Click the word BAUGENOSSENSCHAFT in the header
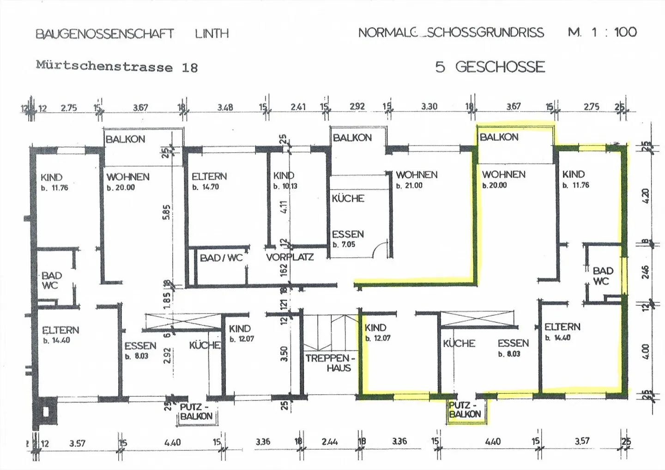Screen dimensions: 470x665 (x=105, y=34)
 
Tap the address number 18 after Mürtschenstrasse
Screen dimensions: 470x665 (x=190, y=68)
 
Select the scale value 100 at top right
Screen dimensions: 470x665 (x=625, y=32)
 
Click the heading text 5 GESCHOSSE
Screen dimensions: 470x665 (x=490, y=67)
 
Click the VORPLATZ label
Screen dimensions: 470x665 (x=290, y=257)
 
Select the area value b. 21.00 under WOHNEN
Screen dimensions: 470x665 (x=409, y=186)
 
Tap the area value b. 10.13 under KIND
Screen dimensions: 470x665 (x=285, y=186)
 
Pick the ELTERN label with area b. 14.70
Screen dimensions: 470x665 (x=209, y=176)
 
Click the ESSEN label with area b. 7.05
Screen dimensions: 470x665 (x=348, y=234)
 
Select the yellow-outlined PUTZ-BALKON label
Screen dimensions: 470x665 (x=465, y=410)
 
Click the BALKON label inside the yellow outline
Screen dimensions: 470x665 (x=499, y=137)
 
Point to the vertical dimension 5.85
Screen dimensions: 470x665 (x=167, y=212)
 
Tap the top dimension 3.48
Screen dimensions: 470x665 (x=225, y=107)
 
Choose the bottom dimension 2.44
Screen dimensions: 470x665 (x=329, y=442)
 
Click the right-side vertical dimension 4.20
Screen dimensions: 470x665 (x=646, y=196)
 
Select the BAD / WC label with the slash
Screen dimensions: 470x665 (x=221, y=258)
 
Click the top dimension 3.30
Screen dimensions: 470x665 (x=429, y=106)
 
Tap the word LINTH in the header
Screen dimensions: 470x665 (x=212, y=34)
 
